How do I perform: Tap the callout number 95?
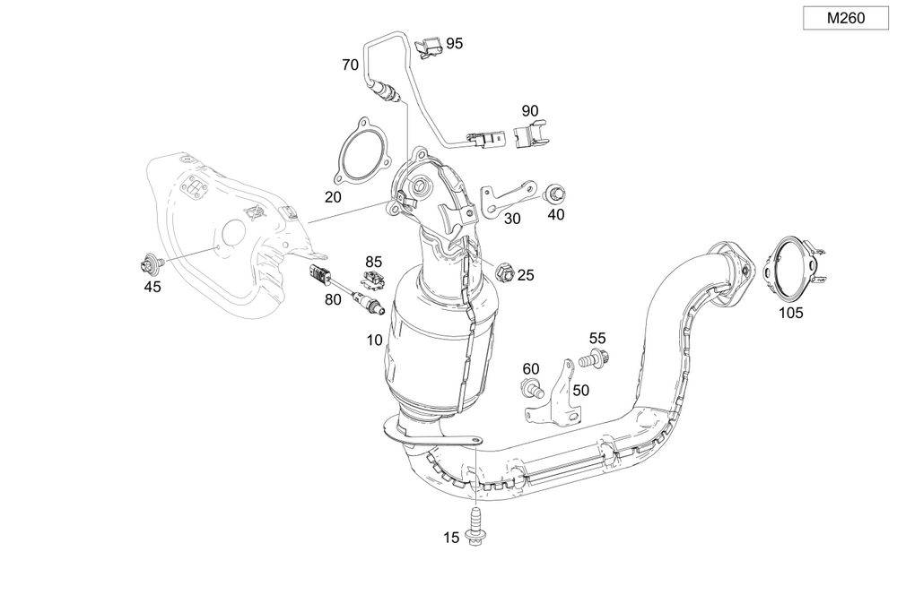coord(455,43)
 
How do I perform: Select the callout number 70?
coord(350,65)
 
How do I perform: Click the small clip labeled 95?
coord(430,45)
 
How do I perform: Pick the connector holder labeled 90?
coord(532,135)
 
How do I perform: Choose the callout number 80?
coord(333,300)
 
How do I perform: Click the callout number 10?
coord(374,341)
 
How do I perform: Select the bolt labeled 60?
coord(532,390)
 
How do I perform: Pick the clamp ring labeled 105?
coord(789,266)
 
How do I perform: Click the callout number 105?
coord(791,313)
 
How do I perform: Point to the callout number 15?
coord(451,538)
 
